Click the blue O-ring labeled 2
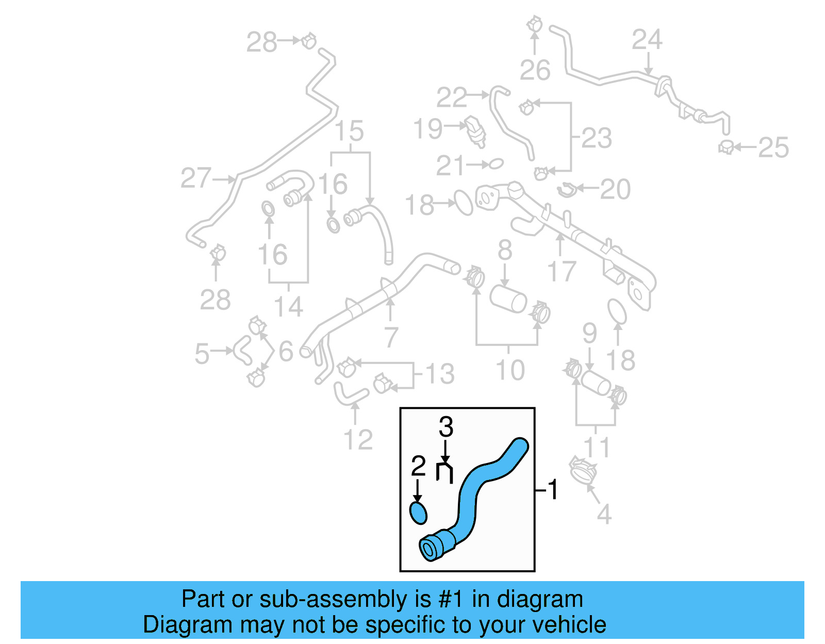coord(418,513)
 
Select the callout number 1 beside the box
coord(553,489)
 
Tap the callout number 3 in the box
coord(446,427)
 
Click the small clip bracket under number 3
coord(444,472)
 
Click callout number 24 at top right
coord(647,40)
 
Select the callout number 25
coord(773,148)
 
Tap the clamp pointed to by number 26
coord(535,24)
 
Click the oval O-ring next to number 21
coord(496,164)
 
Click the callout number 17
coord(561,272)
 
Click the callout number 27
coord(196,178)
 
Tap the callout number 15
coord(350,131)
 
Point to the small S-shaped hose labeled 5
coord(242,350)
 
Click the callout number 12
coord(357,440)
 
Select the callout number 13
coord(440,374)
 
